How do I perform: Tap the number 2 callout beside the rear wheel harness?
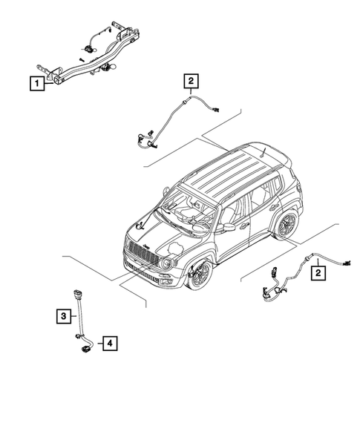(x=318, y=272)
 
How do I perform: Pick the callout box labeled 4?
(x=109, y=343)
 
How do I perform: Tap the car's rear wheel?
(x=286, y=224)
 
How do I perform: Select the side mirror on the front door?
(x=229, y=226)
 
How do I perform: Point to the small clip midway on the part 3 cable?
(x=77, y=321)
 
